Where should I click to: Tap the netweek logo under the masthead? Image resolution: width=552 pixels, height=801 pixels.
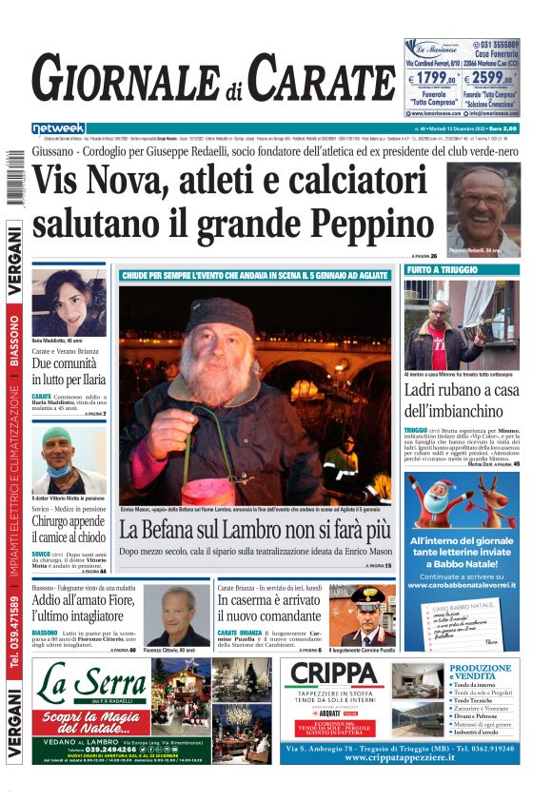(x=59, y=128)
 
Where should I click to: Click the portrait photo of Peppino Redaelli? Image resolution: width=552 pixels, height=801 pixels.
(x=483, y=208)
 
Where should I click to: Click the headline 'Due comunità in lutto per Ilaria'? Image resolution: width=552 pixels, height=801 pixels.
(x=69, y=372)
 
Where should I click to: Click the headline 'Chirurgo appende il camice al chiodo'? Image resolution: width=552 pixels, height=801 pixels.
(x=69, y=530)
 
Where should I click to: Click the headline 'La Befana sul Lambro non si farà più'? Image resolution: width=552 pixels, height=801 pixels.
(x=253, y=530)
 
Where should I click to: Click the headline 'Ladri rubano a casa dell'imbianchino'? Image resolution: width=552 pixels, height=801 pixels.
(x=462, y=401)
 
